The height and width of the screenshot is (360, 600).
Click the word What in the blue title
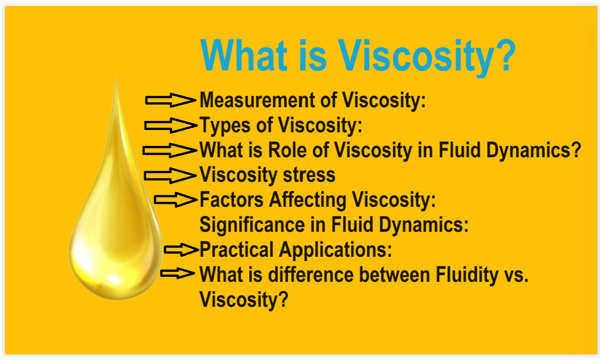[x=244, y=56]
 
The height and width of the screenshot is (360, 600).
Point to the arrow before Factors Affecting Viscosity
[x=175, y=200]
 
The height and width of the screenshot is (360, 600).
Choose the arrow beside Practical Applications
[x=181, y=249]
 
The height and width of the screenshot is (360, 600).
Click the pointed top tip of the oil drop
[x=116, y=80]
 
